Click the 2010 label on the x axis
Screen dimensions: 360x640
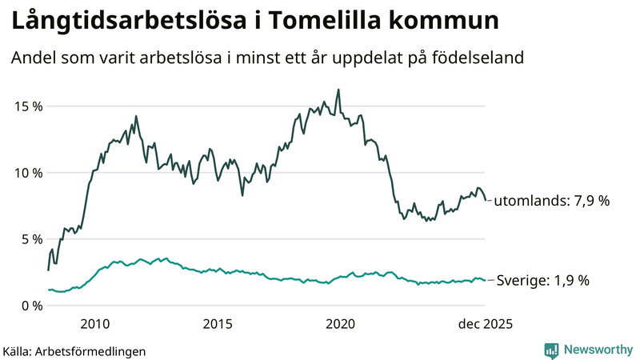pos(95,324)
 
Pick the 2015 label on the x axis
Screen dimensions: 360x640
pos(218,324)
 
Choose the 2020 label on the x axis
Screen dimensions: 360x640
pos(341,324)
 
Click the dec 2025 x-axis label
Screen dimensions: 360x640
pos(484,324)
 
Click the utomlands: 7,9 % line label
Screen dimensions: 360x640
pos(551,201)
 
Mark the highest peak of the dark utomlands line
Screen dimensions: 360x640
pos(338,90)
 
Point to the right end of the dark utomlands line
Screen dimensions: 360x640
pos(486,201)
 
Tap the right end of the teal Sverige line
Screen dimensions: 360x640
pos(486,280)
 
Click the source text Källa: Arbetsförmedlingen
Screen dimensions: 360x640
pos(74,350)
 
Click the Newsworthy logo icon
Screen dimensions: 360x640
pos(551,350)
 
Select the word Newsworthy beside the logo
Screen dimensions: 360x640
pos(597,350)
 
